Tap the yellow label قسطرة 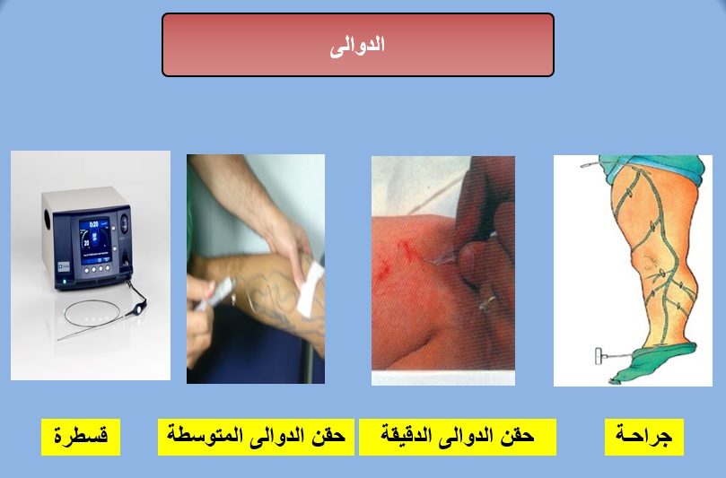(81, 437)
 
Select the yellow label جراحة (644, 437)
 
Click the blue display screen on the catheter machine (94, 240)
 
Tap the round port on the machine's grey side (48, 219)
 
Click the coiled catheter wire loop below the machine (92, 314)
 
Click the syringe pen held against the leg (215, 294)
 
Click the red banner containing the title (358, 45)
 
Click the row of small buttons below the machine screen (99, 269)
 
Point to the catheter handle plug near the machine (139, 307)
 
